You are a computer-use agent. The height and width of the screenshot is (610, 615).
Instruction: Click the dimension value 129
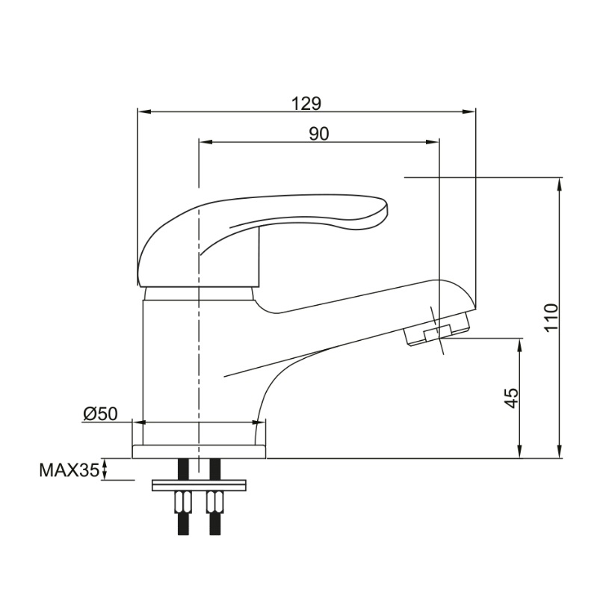pos(306,104)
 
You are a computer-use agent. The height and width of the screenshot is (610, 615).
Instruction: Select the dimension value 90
pos(319,134)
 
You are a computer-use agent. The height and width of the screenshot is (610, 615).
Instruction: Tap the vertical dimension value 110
pos(551,318)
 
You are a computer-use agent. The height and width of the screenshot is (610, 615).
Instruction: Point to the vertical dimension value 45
pos(511,398)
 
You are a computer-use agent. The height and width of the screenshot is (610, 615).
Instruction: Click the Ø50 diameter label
pos(100,413)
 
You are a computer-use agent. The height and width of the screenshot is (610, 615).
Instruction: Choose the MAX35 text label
pos(69,470)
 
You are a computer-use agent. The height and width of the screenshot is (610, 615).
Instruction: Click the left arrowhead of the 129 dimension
pos(143,112)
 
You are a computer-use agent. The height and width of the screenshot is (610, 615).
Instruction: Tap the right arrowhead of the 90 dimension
pos(432,143)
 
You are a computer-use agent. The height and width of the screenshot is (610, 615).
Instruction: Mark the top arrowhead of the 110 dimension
pos(560,185)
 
